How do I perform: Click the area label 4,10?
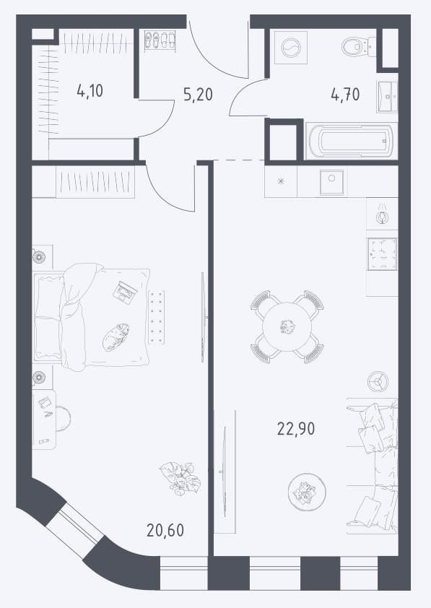[x=90, y=92]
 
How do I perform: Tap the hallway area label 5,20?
[x=198, y=94]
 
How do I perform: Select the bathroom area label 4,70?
[x=345, y=94]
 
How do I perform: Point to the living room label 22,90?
[x=296, y=429]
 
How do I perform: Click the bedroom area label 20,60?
[x=165, y=530]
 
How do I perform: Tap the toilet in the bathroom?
[x=359, y=46]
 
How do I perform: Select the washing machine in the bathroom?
[x=291, y=47]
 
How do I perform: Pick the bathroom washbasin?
[x=387, y=97]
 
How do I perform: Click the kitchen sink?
[x=331, y=181]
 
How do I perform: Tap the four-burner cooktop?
[x=382, y=254]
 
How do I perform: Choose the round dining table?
[x=287, y=327]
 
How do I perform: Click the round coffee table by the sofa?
[x=307, y=492]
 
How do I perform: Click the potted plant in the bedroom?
[x=180, y=478]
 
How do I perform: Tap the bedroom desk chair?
[x=63, y=418]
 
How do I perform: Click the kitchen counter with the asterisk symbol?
[x=281, y=181]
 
